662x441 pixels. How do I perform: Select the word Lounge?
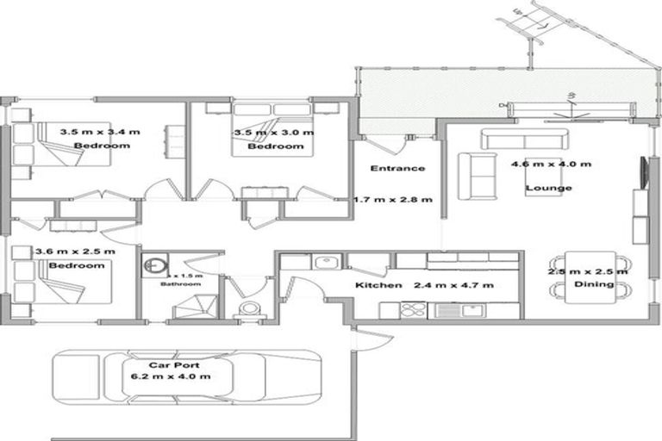click(549, 188)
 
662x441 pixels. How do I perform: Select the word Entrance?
click(397, 168)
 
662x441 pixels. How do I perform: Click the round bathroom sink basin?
click(155, 265)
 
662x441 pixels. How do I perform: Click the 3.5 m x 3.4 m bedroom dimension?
click(100, 133)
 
